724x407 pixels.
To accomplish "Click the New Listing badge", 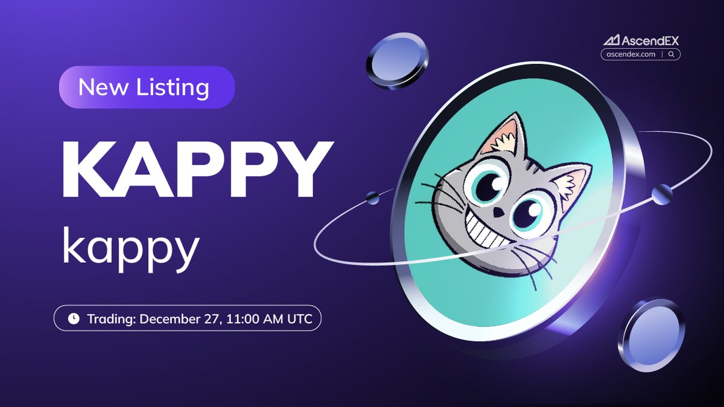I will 146,87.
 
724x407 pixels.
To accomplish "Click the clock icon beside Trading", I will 73,319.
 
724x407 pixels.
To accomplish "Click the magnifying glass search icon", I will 672,54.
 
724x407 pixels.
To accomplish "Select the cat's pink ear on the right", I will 570,184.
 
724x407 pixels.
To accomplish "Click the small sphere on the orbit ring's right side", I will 662,194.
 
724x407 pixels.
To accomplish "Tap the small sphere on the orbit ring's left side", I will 373,197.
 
